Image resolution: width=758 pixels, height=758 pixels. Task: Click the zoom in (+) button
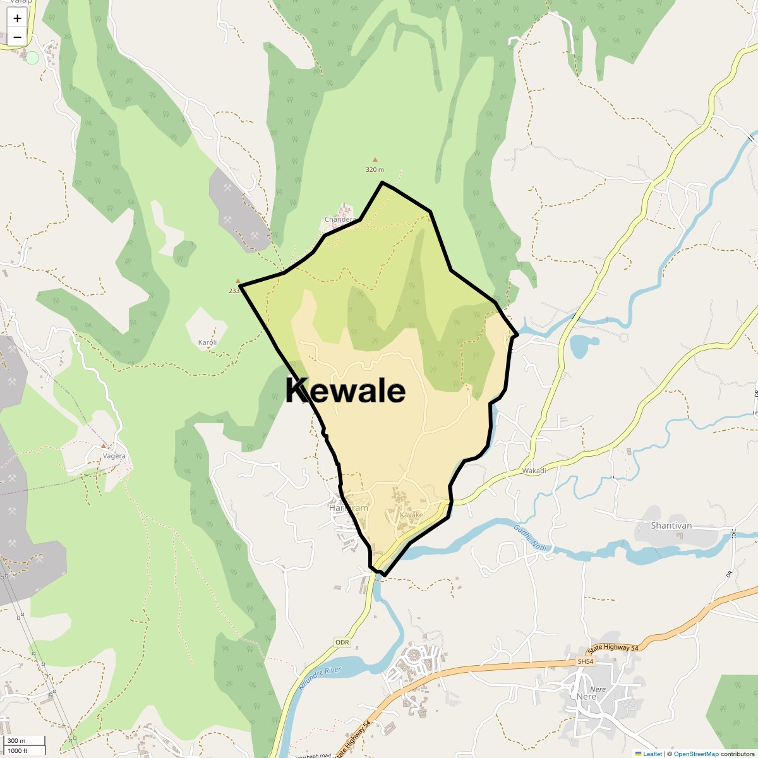[x=17, y=18]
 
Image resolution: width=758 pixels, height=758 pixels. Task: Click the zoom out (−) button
[x=17, y=37]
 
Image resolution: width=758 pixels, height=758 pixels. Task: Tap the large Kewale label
[x=345, y=390]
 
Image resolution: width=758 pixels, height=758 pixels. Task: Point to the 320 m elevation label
[x=375, y=169]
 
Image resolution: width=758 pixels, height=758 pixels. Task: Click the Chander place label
[x=339, y=219]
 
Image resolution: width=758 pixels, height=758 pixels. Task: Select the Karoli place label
[x=208, y=342]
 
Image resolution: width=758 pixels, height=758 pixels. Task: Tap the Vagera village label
[x=114, y=455]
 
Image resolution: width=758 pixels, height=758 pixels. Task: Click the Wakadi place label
[x=534, y=471]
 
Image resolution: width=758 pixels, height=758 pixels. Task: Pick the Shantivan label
[x=671, y=526]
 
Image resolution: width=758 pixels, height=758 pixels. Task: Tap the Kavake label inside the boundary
[x=411, y=515]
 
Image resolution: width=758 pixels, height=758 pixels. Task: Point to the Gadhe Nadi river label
[x=529, y=538]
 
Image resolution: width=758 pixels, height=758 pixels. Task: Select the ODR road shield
[x=342, y=642]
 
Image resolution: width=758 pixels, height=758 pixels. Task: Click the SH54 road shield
[x=586, y=661]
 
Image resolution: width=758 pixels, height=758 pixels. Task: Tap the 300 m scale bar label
[x=16, y=741]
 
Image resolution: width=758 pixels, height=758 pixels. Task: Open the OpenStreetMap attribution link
[x=696, y=754]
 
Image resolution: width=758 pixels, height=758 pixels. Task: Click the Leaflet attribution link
[x=652, y=754]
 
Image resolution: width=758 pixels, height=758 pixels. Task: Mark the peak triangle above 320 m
[x=375, y=160]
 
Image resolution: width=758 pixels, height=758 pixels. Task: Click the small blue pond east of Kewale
[x=583, y=345]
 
